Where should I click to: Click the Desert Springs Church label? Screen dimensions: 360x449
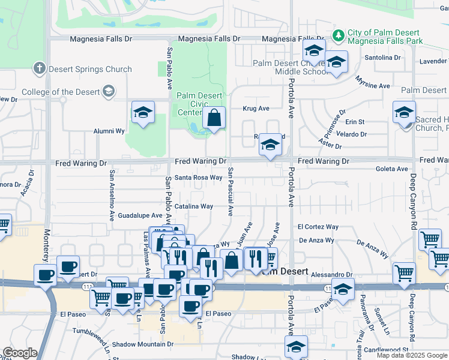point(91,69)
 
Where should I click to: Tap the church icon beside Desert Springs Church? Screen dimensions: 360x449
point(40,68)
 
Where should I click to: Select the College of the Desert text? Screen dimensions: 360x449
point(60,92)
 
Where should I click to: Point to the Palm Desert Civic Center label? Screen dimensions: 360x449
point(199,104)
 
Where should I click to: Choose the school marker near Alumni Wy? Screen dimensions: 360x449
point(143,112)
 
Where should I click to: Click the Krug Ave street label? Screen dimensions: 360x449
point(256,109)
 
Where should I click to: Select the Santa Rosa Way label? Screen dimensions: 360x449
point(199,178)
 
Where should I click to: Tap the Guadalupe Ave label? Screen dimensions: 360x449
point(140,215)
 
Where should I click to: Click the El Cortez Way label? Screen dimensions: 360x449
point(318,227)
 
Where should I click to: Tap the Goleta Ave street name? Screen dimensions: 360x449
point(391,169)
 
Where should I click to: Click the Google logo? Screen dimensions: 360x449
point(20,353)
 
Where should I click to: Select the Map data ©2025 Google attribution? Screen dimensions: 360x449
point(411,355)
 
